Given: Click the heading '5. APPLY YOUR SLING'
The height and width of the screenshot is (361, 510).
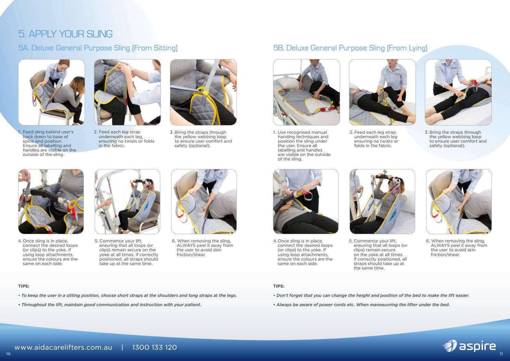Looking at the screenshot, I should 65,34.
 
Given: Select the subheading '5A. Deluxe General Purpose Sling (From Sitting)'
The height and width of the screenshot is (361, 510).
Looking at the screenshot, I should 98,48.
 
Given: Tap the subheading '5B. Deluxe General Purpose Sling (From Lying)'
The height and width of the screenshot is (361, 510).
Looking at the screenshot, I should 350,48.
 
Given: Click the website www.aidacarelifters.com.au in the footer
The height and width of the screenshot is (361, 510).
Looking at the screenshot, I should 63,347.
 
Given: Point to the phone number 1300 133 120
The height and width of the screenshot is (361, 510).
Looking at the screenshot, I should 154,347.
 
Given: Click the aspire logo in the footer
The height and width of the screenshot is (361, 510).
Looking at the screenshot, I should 469,346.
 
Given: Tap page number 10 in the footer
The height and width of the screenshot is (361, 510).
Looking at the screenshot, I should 8,354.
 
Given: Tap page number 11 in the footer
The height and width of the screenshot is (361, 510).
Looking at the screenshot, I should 501,354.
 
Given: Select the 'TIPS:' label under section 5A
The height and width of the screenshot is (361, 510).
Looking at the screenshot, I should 24,286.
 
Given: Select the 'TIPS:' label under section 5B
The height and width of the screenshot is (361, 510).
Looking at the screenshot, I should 278,286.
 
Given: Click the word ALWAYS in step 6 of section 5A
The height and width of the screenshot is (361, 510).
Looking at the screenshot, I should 187,245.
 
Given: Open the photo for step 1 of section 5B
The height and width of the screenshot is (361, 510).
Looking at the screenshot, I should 306,92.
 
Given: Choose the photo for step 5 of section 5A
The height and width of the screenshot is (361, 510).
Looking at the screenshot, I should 127,202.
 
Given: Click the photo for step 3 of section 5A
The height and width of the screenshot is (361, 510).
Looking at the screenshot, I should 203,92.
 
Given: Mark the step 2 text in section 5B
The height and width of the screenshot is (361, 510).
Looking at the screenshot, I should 376,139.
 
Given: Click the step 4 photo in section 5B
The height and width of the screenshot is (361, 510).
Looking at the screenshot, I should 306,202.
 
